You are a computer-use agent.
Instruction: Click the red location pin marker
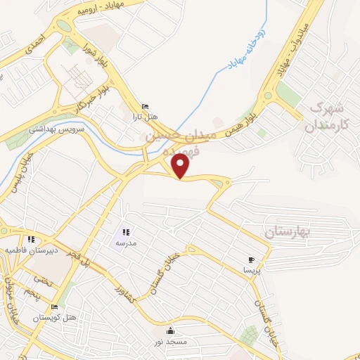pos(181,166)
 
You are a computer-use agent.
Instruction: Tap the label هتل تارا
pos(146,115)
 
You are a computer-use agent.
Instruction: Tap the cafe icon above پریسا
pos(252,261)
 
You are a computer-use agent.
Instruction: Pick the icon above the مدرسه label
pos(126,232)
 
